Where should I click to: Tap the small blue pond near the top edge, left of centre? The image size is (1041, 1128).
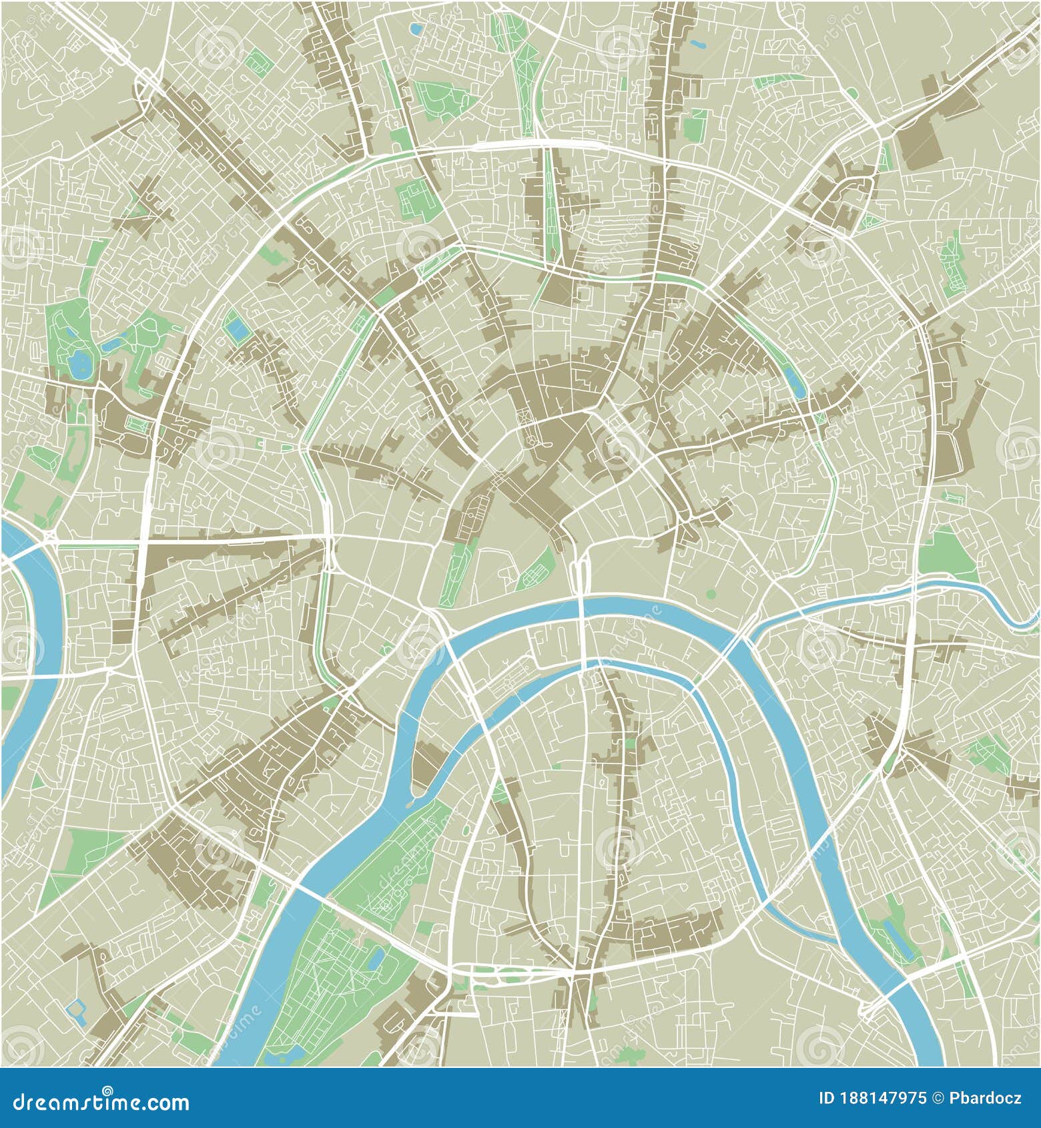417,29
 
